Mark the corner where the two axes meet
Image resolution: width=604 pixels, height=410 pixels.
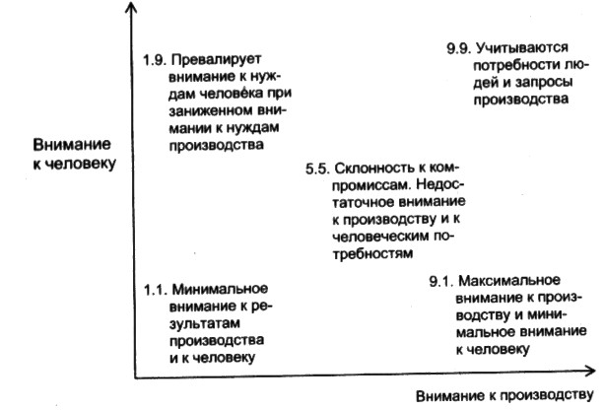[x=132, y=374]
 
